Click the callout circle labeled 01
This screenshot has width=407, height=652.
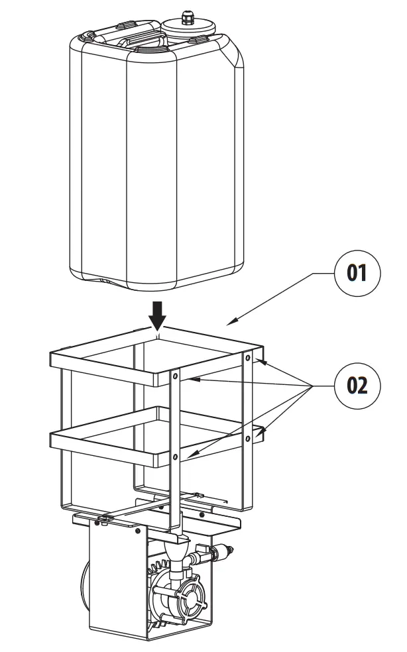tap(357, 273)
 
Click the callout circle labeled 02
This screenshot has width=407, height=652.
tap(357, 386)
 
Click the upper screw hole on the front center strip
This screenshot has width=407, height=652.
tap(175, 376)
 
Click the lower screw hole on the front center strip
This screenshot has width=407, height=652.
tap(175, 457)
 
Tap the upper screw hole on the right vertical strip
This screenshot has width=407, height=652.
tap(248, 358)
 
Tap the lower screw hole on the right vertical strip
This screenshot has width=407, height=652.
tap(248, 438)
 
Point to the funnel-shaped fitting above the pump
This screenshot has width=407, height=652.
tap(178, 553)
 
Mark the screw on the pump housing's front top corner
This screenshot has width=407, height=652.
tap(137, 531)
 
